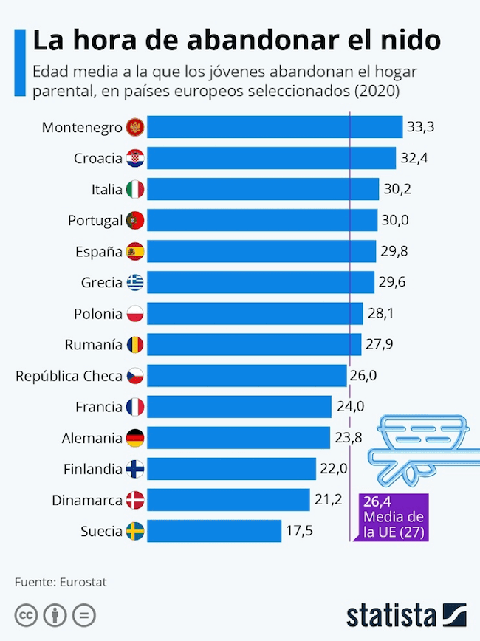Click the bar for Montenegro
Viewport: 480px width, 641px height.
[x=274, y=127]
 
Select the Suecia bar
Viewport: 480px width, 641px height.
[x=214, y=531]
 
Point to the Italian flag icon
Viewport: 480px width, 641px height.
[x=135, y=189]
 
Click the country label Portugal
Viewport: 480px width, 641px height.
[x=95, y=220]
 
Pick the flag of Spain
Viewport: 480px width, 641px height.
[x=135, y=251]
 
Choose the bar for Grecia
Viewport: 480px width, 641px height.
[x=260, y=282]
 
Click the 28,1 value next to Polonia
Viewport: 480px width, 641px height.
[x=380, y=313]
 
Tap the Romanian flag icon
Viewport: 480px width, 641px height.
[x=135, y=344]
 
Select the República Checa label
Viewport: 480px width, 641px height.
[x=69, y=376]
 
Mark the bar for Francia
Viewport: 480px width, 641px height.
[x=239, y=406]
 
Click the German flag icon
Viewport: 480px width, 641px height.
[x=135, y=437]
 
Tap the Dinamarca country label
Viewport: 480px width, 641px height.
[x=87, y=500]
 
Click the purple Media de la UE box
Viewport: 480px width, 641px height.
[x=394, y=516]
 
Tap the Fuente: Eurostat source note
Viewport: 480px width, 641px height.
[x=61, y=582]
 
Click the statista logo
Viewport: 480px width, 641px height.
[x=406, y=615]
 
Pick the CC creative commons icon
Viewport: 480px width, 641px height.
[x=27, y=615]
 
